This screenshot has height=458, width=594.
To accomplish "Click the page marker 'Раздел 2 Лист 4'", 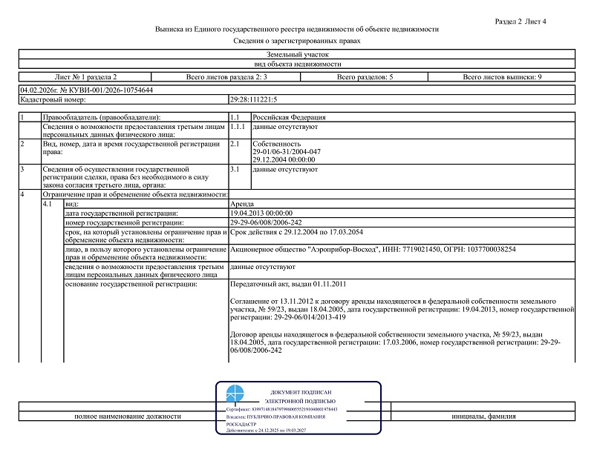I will point(520,21).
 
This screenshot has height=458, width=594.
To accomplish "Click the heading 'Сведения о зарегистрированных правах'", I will point(297,42).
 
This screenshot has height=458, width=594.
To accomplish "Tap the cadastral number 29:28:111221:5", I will point(254,99).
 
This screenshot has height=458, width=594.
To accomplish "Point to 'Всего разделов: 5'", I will point(365,77).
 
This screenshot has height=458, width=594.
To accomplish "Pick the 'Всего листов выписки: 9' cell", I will point(502,77).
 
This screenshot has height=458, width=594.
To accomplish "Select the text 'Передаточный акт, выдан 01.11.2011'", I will point(288,284).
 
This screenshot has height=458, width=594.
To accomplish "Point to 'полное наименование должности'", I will point(127,416).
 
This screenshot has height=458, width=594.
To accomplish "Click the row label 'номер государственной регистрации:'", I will point(123,222).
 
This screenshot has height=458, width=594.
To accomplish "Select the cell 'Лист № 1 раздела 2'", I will point(86,77).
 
